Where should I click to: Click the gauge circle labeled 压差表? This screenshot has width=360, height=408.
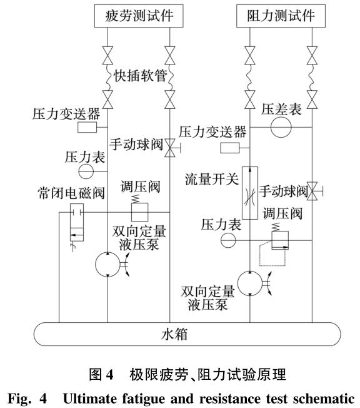(281, 127)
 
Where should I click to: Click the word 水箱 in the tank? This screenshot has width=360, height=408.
(181, 334)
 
